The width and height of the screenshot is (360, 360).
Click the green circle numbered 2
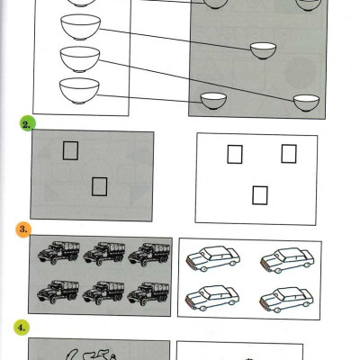click(28, 124)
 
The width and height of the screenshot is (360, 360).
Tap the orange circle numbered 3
click(23, 229)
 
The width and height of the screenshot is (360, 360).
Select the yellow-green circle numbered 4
click(22, 328)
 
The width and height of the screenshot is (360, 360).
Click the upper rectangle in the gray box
click(70, 150)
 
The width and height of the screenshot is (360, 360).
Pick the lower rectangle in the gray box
click(99, 186)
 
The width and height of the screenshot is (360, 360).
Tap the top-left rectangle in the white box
click(235, 154)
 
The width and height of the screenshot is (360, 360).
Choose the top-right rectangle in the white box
click(289, 154)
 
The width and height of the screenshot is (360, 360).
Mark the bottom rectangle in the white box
click(260, 195)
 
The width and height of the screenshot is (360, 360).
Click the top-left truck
click(58, 253)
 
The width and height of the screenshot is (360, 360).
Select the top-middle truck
click(104, 254)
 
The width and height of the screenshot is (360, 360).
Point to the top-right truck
click(149, 255)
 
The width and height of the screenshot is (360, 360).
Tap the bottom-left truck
click(58, 292)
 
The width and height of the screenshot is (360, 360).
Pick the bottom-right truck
click(148, 293)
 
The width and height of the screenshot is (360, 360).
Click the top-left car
click(213, 258)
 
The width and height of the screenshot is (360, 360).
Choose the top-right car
click(287, 260)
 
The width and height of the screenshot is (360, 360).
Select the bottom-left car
click(212, 298)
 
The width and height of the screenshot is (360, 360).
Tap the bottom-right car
click(286, 300)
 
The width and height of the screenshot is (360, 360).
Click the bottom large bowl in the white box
click(79, 91)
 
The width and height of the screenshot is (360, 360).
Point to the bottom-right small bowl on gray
click(306, 103)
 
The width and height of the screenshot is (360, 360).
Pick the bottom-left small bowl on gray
click(213, 101)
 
